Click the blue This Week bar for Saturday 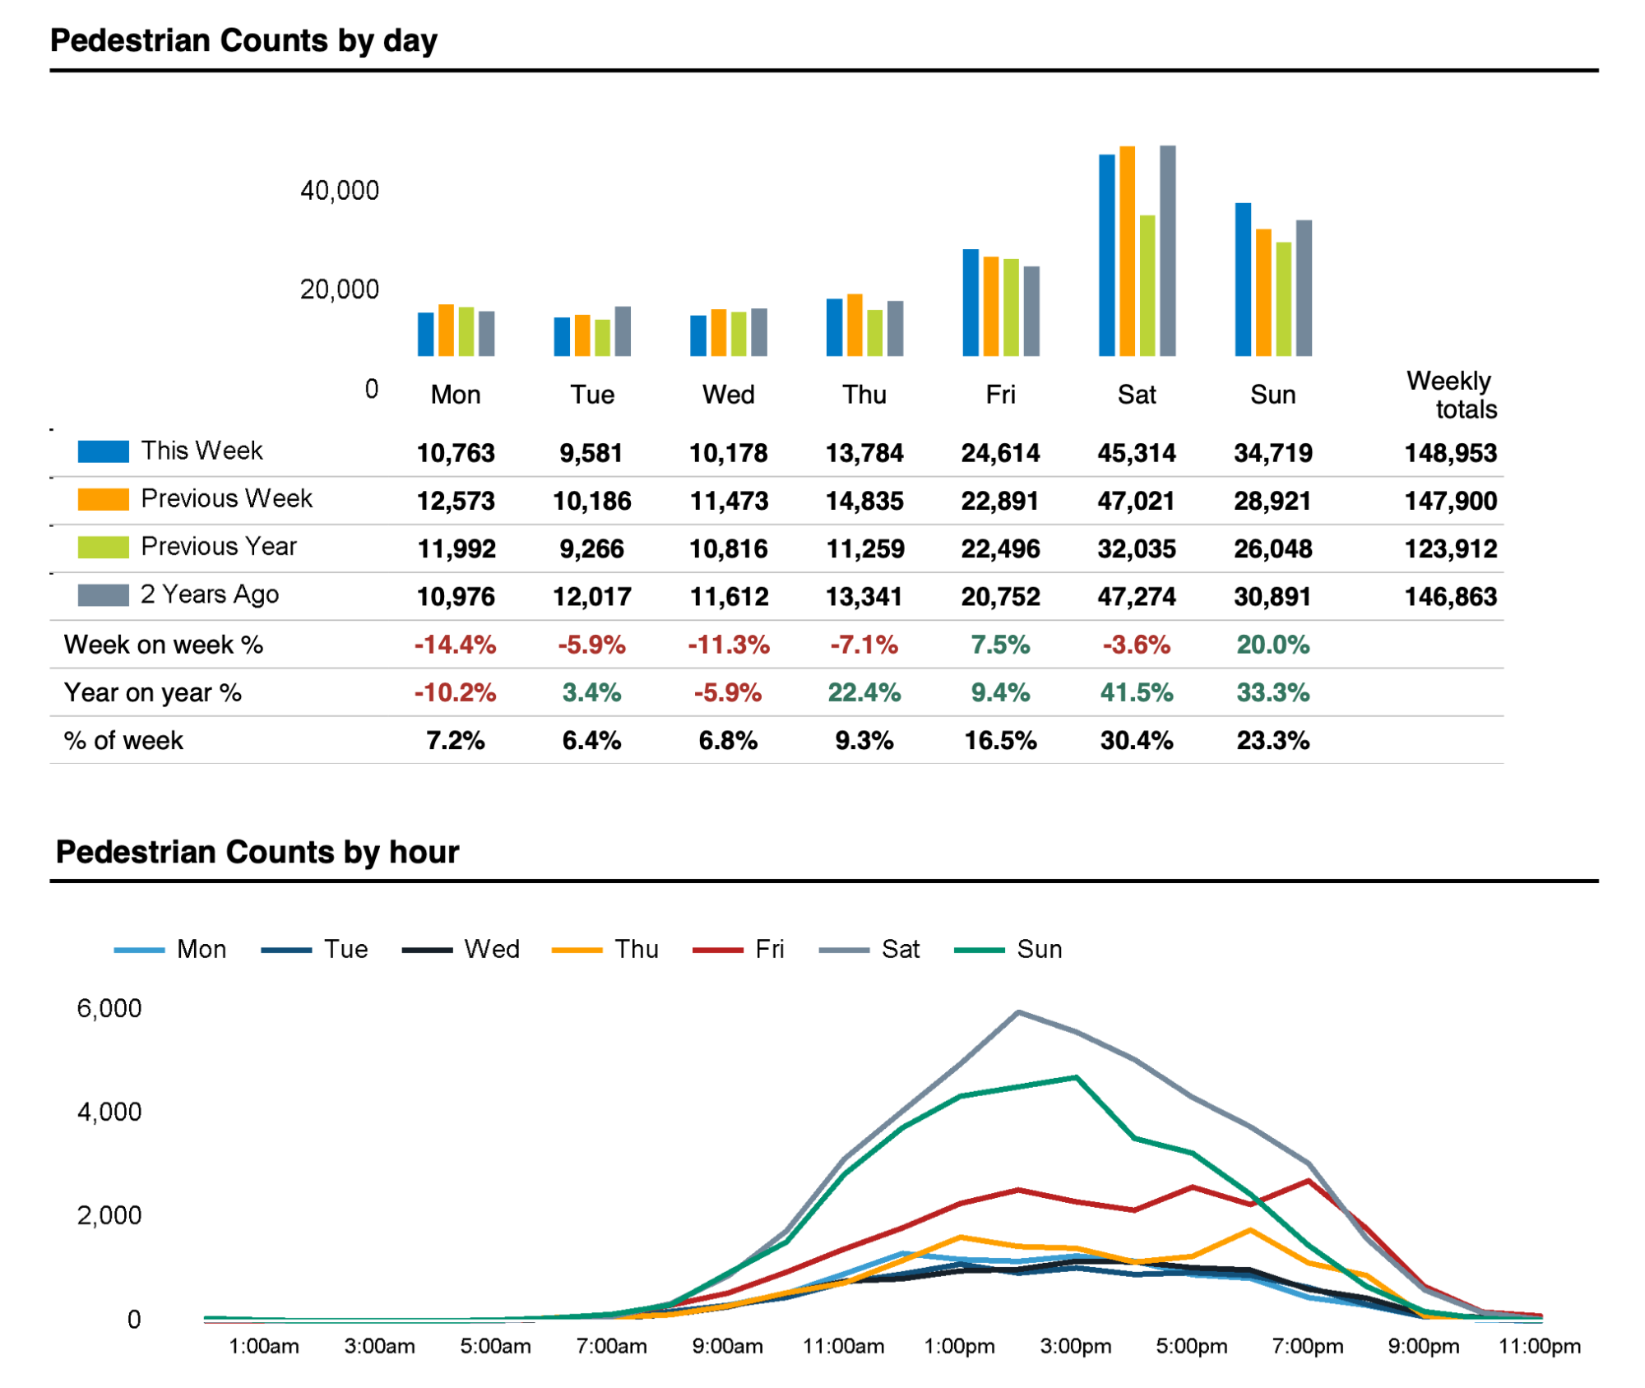click(1106, 255)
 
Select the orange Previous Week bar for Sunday click(1263, 292)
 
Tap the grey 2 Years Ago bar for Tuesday click(623, 331)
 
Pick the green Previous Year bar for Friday click(1011, 308)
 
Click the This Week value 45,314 click(1136, 453)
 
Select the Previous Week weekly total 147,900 click(1450, 501)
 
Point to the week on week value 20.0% click(1272, 645)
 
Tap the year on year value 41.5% click(1136, 692)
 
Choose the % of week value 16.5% click(1000, 741)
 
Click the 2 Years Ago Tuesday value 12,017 click(591, 597)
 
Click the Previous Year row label click(218, 547)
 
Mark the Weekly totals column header click(1452, 395)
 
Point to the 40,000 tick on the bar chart click(339, 191)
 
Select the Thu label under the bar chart click(864, 395)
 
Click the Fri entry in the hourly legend click(769, 950)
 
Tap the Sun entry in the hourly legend click(1039, 950)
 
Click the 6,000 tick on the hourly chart click(109, 1009)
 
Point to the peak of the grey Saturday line click(1018, 1012)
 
